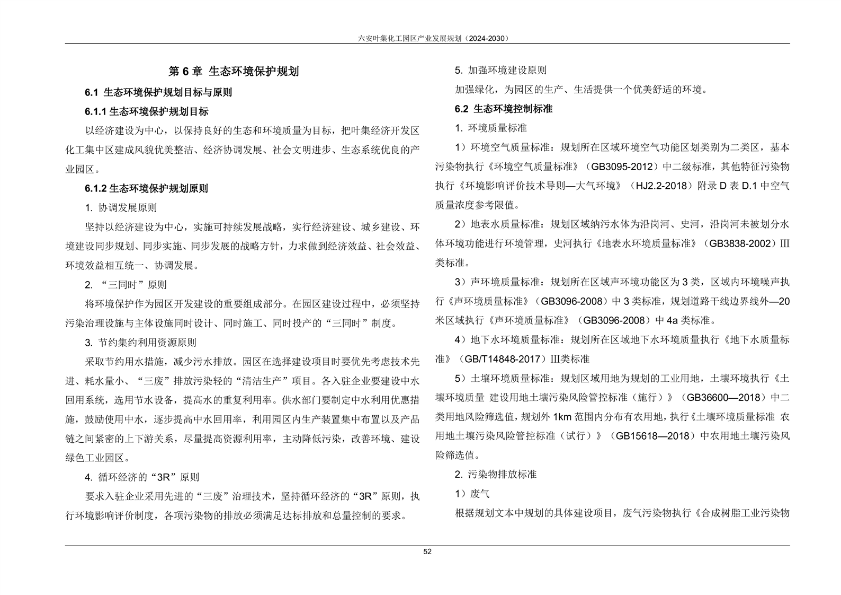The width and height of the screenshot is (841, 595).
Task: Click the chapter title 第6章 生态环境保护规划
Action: tap(234, 71)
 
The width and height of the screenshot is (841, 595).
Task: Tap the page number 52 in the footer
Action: tap(427, 552)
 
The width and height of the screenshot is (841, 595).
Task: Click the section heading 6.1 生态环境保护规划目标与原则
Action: tap(158, 92)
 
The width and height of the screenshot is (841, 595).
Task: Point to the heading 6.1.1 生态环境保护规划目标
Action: tap(147, 111)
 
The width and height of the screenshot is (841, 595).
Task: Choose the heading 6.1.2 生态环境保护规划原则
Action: tap(147, 188)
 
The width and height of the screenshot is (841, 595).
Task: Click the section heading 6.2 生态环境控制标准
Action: tap(504, 109)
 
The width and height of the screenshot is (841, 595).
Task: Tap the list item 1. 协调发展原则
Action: tap(121, 207)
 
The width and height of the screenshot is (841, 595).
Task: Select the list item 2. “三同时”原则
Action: tap(126, 285)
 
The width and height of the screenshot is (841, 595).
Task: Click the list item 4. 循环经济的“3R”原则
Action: tap(142, 477)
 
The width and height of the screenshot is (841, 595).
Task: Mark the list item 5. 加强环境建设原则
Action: tap(500, 71)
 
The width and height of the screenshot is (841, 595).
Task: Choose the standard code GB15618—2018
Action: tap(652, 436)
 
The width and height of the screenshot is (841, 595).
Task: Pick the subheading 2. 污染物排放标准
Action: tap(496, 474)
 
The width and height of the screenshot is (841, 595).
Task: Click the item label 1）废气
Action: tap(472, 494)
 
